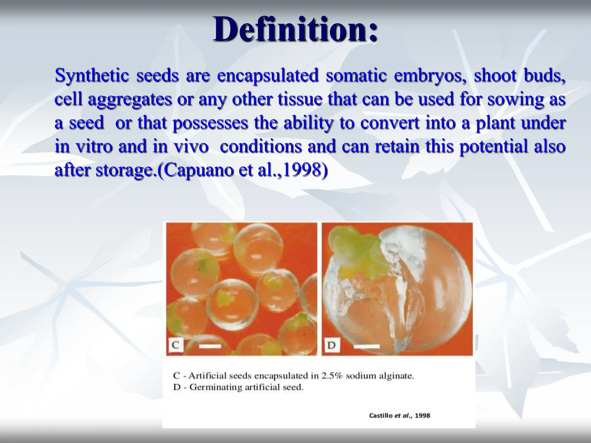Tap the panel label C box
[176, 345]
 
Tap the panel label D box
[332, 345]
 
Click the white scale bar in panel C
[210, 346]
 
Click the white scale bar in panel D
[366, 346]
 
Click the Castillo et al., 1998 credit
[399, 416]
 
